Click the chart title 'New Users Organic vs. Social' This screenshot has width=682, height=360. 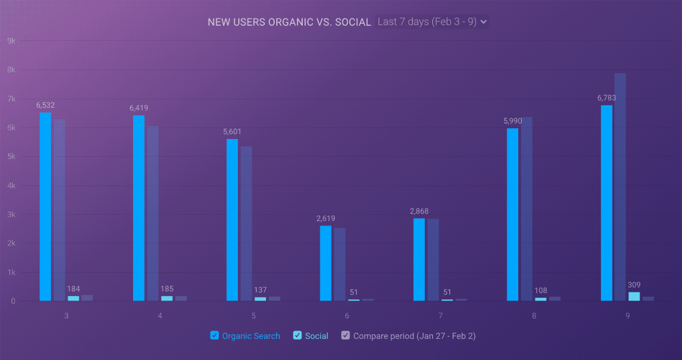[x=289, y=22]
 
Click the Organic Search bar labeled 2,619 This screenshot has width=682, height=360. [x=325, y=263]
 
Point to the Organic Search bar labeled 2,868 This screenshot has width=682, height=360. [x=419, y=260]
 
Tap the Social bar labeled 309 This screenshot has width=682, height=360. [x=634, y=296]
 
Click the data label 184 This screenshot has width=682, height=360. [x=73, y=289]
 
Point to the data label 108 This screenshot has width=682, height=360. [x=541, y=291]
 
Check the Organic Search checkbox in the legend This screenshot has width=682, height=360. [x=215, y=335]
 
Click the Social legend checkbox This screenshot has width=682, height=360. [x=297, y=335]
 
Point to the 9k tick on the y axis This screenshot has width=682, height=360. [x=11, y=41]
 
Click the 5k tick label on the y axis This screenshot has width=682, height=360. [x=11, y=157]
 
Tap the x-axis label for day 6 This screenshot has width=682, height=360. [x=347, y=316]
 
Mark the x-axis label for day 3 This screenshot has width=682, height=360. [x=66, y=316]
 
